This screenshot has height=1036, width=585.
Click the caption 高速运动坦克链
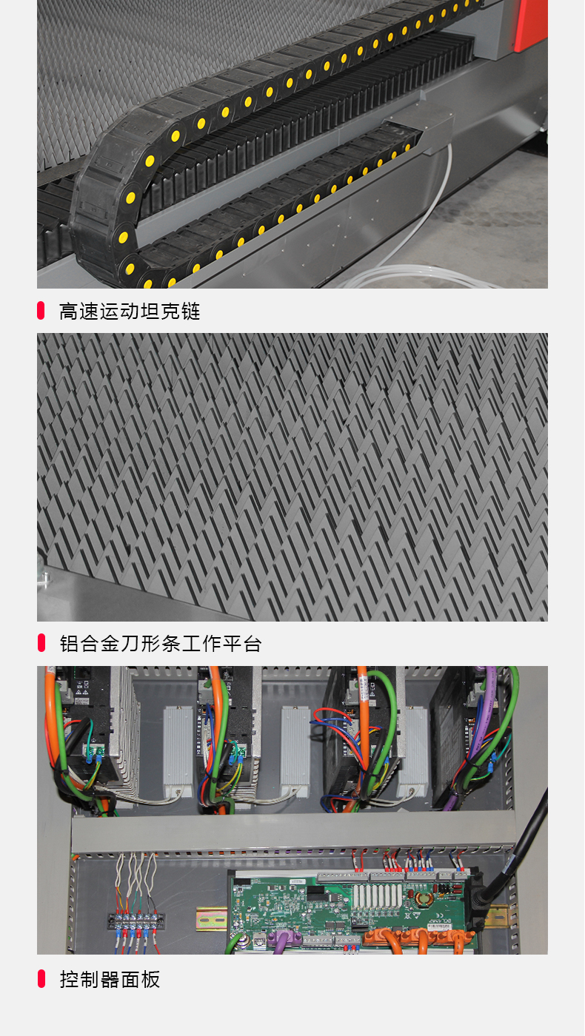[130, 312]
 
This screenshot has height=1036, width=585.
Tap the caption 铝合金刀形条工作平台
[161, 644]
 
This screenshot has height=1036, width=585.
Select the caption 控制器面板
[110, 980]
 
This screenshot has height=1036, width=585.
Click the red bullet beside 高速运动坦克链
[41, 310]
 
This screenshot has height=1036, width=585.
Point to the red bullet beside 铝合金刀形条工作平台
[41, 643]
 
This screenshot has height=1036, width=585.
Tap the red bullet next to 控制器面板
[41, 978]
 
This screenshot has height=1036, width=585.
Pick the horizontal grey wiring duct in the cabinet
[292, 830]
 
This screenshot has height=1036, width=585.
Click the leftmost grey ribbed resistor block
[178, 749]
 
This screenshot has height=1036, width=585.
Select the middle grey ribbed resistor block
[295, 749]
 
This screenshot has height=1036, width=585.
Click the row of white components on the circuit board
[377, 896]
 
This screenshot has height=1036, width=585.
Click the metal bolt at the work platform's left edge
[45, 575]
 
